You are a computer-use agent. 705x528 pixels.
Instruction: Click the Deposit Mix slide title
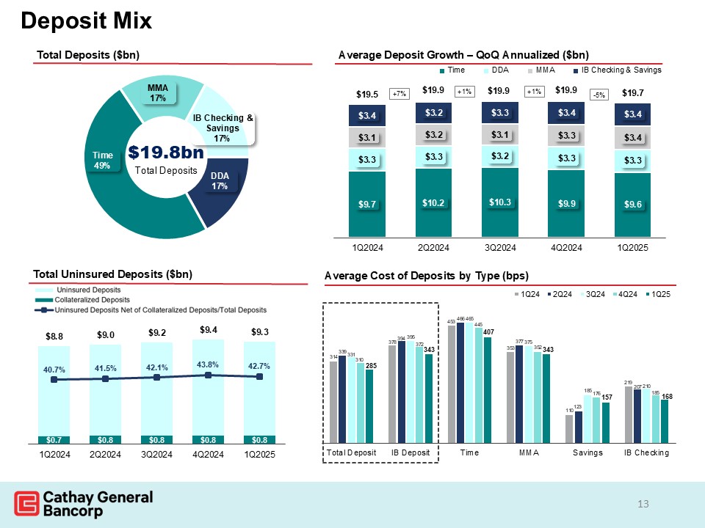coord(86,21)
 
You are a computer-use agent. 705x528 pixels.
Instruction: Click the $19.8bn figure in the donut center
coord(165,153)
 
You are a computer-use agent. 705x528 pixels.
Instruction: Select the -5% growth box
coord(601,95)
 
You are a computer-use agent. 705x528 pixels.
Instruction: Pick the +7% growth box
coord(399,94)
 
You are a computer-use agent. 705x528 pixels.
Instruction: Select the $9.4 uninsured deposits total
coord(208,329)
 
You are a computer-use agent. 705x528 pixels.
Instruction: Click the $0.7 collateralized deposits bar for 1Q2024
coord(54,440)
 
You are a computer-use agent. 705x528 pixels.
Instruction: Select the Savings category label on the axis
coord(587,453)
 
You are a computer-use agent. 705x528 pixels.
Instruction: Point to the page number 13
coord(644,504)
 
